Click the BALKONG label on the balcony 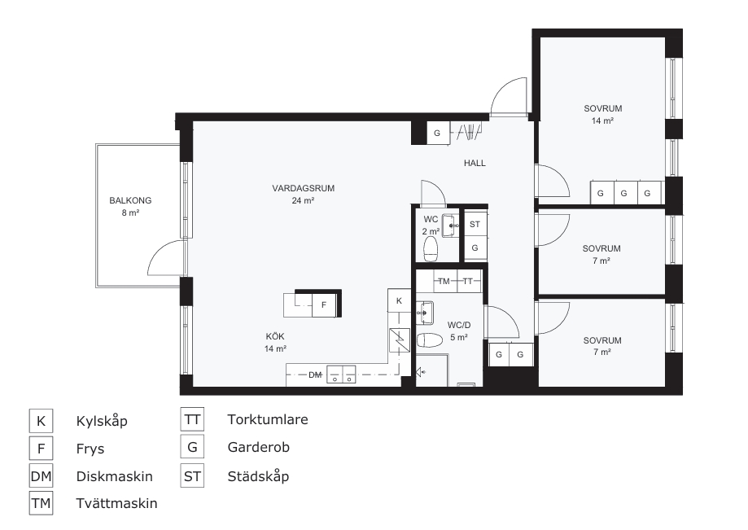click(130, 200)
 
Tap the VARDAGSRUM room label click(304, 188)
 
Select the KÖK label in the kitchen click(275, 336)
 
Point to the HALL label click(475, 163)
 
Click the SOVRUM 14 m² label click(603, 115)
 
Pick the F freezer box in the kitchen click(325, 304)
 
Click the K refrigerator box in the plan click(400, 300)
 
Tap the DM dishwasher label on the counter click(315, 375)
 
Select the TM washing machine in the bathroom click(444, 281)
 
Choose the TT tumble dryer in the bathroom click(469, 281)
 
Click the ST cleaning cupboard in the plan click(475, 224)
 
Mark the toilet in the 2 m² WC click(431, 248)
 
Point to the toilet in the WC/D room click(429, 340)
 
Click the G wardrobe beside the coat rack click(437, 133)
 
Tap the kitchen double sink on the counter click(342, 374)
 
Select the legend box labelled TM click(41, 503)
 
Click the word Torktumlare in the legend click(268, 420)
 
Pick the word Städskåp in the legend click(258, 476)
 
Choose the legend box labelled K click(41, 421)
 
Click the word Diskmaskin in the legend click(115, 476)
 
